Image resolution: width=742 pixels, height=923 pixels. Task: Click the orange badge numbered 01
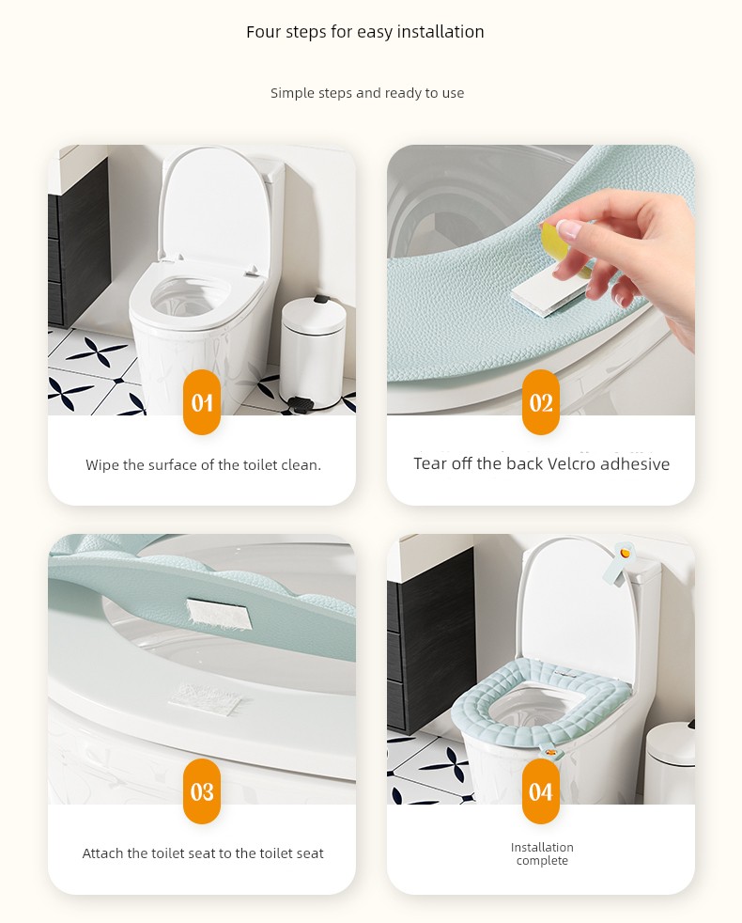(x=202, y=402)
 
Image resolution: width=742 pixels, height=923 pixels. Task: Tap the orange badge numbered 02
(x=541, y=402)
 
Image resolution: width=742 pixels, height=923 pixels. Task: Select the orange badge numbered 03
(x=202, y=791)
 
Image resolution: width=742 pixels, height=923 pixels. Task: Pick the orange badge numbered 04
(x=541, y=791)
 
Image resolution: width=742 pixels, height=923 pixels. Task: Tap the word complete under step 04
(x=542, y=861)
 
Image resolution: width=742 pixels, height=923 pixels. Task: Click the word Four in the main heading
(x=263, y=32)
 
